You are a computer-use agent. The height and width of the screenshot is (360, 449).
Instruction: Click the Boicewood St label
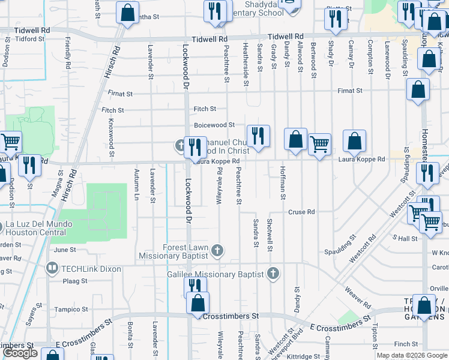click(214, 125)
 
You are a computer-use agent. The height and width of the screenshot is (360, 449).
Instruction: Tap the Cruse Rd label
click(301, 212)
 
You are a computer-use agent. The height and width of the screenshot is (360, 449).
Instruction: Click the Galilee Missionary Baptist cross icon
click(273, 274)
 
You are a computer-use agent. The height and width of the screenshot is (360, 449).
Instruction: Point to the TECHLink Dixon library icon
click(52, 269)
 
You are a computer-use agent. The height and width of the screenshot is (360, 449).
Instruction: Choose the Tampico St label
click(71, 310)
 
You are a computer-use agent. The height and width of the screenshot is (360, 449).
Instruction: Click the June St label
click(65, 250)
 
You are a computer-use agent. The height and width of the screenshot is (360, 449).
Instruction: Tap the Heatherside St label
click(245, 64)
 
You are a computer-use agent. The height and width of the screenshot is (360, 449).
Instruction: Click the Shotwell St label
click(270, 236)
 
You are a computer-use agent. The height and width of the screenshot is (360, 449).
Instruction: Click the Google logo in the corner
click(20, 353)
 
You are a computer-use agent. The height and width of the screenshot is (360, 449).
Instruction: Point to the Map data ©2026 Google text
click(412, 355)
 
